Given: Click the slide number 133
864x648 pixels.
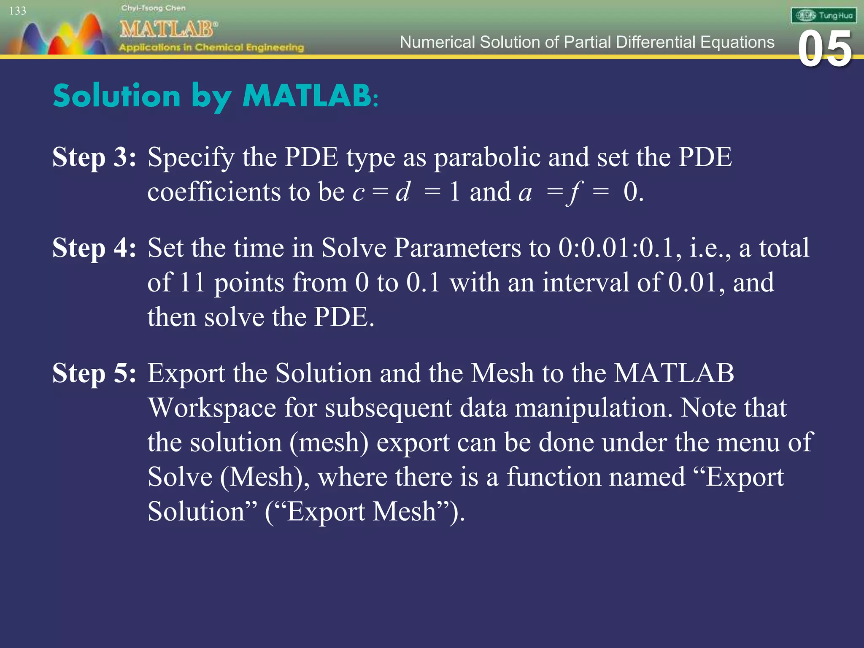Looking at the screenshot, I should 18,11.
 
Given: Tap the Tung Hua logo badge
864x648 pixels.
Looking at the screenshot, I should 823,16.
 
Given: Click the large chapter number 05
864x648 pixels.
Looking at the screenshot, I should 825,49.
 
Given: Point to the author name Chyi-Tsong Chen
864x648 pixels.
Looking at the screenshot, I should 153,8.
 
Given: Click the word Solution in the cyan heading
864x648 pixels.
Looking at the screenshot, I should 117,96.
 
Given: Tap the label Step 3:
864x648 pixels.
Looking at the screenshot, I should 94,157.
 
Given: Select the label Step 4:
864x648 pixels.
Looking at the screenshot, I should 94,248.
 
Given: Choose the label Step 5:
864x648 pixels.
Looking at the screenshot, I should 94,373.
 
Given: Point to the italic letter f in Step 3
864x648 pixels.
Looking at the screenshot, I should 575,193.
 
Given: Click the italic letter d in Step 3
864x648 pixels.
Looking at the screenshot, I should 403,192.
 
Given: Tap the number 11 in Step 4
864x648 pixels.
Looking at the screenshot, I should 192,282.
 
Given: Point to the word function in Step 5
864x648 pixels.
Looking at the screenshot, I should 596,477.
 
